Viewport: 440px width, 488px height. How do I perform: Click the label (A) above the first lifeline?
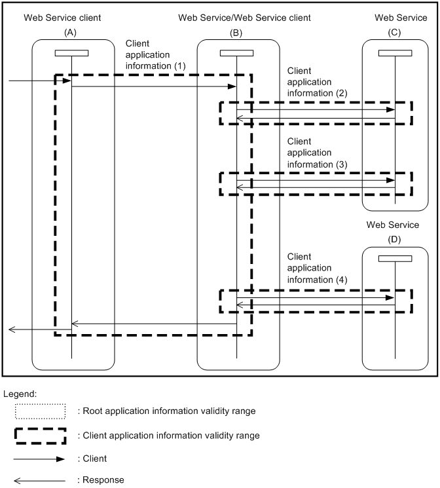point(71,31)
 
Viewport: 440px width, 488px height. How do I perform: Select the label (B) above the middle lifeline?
point(236,31)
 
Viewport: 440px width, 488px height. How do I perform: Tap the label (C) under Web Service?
point(395,31)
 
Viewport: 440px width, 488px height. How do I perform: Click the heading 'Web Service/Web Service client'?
point(244,18)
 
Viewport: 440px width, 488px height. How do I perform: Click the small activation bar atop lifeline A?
point(71,53)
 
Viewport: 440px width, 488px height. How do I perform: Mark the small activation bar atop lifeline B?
point(236,53)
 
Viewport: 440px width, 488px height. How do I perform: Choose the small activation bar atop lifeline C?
point(395,53)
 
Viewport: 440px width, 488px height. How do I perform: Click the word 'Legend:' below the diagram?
point(20,394)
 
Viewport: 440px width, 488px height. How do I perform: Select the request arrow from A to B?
point(153,86)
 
